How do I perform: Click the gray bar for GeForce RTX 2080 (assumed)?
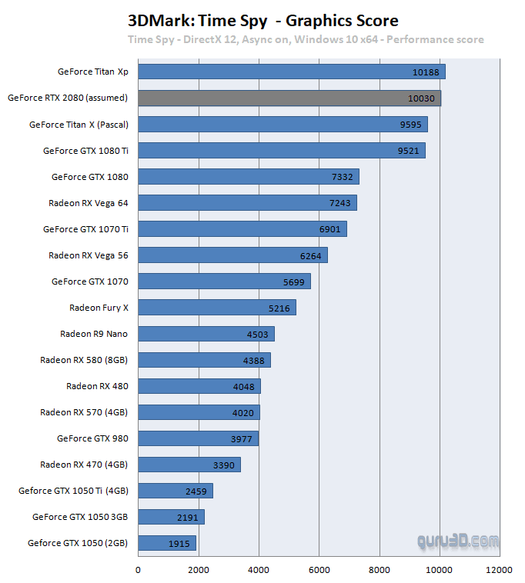tap(289, 98)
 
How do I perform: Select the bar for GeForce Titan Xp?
tap(292, 72)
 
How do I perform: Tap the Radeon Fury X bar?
tap(217, 308)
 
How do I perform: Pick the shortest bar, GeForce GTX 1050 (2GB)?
tap(167, 543)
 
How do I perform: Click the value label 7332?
tap(342, 177)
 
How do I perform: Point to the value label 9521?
tap(408, 151)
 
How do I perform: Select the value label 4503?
tap(257, 334)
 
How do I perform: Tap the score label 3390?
tap(224, 465)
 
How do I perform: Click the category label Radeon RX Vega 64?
tap(88, 202)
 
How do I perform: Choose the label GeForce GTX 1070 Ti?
tap(85, 228)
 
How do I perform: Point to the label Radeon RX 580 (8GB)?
tap(84, 359)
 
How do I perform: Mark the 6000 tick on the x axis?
tap(319, 570)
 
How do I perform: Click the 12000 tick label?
tap(500, 570)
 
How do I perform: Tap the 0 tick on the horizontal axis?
tap(138, 570)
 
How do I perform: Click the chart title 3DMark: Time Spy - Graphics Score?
tap(262, 21)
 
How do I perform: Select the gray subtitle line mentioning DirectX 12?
tap(306, 39)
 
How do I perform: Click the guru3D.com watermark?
tap(458, 541)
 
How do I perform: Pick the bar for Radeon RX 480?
tap(199, 386)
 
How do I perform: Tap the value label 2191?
tap(187, 517)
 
